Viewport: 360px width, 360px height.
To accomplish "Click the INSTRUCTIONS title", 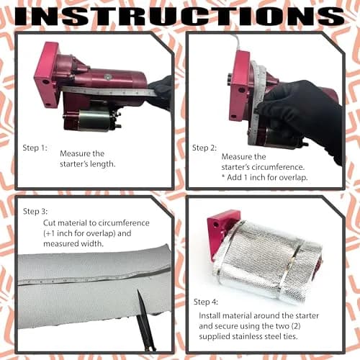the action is coord(179,16).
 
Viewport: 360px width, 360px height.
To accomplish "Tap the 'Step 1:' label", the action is coord(35,148).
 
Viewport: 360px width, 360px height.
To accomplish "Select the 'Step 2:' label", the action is coord(204,148).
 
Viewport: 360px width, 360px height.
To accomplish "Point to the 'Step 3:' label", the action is coord(35,212).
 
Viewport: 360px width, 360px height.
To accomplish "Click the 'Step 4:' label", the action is coord(206,302).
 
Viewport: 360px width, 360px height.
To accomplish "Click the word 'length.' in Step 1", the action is coord(102,164).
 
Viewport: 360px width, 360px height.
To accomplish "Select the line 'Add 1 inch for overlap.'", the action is coord(267,178).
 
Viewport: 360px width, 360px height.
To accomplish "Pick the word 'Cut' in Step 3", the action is coord(50,223).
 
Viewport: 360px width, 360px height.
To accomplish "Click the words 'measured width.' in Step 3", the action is coord(73,244).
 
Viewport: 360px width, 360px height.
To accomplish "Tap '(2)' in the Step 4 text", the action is coord(295,326).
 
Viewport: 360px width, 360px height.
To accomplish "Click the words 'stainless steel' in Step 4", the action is coord(256,336).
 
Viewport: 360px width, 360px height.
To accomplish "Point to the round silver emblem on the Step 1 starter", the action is coord(108,77).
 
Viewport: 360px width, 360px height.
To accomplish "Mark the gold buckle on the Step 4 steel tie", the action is coord(292,261).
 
